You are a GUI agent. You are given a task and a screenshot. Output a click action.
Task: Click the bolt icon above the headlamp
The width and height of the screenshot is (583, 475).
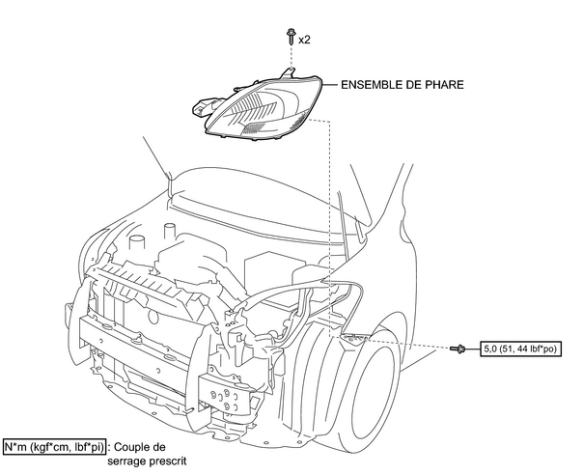point(289,38)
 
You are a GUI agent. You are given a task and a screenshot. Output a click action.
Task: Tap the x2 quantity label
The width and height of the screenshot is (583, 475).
point(304,40)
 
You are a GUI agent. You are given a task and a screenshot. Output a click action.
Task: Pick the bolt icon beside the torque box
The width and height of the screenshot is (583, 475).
point(459,348)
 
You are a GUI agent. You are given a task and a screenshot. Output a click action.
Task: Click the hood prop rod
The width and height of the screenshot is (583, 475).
point(155,158)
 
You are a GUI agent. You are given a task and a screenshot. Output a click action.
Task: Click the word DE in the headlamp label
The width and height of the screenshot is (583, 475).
point(417,85)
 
